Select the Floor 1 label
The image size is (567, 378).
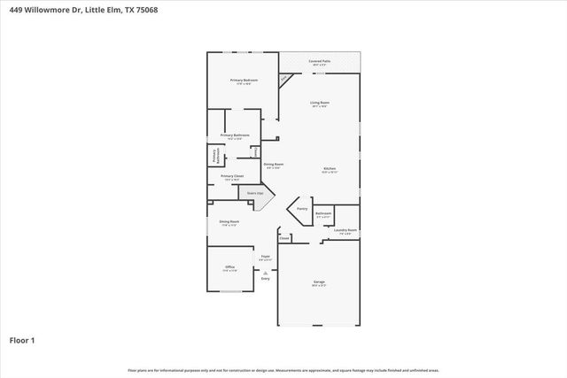coord(22,339)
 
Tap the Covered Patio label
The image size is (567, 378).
coord(320,61)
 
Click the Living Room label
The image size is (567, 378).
coord(320,104)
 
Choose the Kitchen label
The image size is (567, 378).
coord(329,168)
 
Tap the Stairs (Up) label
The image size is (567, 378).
coord(255,192)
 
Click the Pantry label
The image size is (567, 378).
coord(302,210)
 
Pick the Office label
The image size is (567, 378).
coord(229,266)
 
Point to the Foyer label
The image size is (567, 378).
coord(265,257)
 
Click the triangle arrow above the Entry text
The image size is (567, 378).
coord(265,273)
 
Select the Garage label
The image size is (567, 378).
coord(319,282)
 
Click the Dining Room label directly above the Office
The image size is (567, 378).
coord(230,222)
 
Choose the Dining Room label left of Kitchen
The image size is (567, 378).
coord(274,164)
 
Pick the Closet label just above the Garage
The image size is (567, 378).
coord(284,238)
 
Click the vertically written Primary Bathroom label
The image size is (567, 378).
coord(214,155)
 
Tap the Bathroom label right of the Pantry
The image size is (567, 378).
coord(324,213)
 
